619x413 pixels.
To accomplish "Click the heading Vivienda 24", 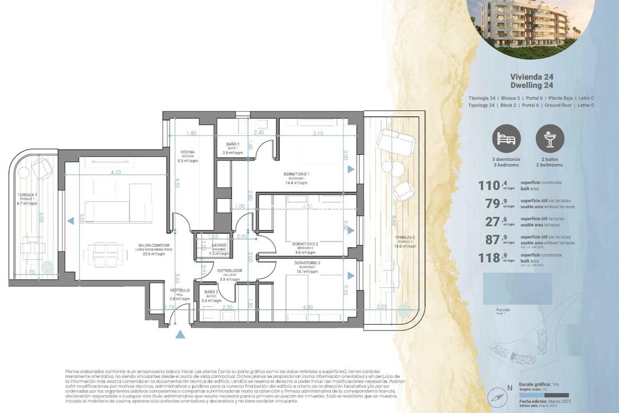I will pos(531,76).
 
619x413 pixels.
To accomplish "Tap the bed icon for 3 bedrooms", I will pos(507,138).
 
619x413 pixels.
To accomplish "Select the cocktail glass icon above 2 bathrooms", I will pos(550,138).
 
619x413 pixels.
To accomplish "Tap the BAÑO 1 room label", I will pos(233,145).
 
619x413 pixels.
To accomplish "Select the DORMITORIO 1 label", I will pos(296,174).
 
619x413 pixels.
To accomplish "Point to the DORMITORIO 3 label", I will pos(307,263).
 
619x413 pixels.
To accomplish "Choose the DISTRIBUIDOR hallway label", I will pos(229,271).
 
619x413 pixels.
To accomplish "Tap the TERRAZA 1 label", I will pos(28,196).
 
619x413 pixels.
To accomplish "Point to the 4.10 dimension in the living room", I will pos(116,172).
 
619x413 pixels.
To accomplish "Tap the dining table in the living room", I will pos(106,252).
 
